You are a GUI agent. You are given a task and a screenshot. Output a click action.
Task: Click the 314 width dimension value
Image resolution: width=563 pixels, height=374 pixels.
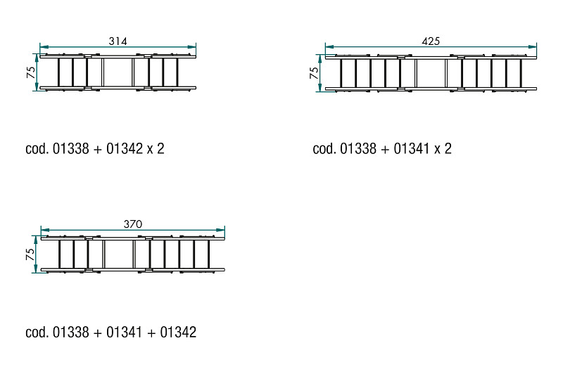(x=118, y=41)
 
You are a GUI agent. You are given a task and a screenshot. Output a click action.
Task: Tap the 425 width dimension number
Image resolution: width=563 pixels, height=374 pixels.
(x=431, y=41)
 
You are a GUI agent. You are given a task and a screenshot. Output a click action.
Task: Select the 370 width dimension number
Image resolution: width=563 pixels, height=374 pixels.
(x=133, y=224)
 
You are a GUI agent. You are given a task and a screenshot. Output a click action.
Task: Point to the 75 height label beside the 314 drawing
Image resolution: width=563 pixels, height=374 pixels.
(x=31, y=72)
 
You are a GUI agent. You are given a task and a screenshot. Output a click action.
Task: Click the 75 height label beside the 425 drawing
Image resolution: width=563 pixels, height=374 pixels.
(x=314, y=73)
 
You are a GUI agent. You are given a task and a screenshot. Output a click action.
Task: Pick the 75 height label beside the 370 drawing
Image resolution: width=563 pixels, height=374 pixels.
(x=30, y=254)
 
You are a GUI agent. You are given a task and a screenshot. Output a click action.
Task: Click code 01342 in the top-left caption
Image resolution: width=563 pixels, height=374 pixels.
(x=125, y=148)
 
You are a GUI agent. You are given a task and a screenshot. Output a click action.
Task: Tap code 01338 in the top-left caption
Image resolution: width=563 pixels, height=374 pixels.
(x=71, y=148)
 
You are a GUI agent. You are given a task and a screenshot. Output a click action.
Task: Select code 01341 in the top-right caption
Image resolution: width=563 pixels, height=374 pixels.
(x=412, y=148)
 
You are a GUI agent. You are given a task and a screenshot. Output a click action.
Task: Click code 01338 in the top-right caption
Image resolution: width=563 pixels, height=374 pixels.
(x=358, y=148)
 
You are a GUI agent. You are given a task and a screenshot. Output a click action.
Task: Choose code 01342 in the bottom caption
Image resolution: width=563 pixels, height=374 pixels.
(x=178, y=332)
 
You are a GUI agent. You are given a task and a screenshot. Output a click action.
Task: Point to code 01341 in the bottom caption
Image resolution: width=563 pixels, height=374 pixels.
(x=125, y=332)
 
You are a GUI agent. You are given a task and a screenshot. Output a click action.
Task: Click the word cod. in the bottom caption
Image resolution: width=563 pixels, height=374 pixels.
(x=37, y=332)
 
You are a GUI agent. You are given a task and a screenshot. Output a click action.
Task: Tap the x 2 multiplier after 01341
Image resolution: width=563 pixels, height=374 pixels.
(x=443, y=148)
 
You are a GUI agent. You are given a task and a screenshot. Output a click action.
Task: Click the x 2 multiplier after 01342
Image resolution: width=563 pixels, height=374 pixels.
(x=156, y=148)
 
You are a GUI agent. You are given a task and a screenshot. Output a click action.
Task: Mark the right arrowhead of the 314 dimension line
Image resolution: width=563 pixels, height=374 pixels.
(x=191, y=47)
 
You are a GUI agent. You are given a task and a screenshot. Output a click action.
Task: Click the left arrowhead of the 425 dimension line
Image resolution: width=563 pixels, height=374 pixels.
(x=329, y=47)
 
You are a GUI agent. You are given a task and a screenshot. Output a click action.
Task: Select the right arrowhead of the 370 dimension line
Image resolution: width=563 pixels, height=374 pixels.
(x=220, y=230)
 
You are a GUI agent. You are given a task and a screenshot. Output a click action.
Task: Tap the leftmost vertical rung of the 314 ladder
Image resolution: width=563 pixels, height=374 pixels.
(x=58, y=72)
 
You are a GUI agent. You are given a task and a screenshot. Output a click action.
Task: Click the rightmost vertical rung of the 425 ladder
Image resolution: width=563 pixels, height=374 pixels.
(x=521, y=73)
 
